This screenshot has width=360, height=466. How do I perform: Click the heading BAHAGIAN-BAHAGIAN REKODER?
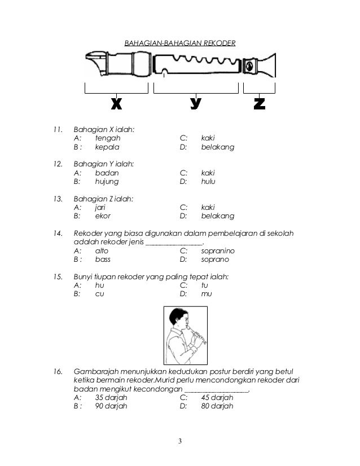[179, 43]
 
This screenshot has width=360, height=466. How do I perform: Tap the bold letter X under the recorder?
[116, 104]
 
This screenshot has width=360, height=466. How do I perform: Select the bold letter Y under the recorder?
[196, 104]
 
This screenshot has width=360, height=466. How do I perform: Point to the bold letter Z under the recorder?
[260, 104]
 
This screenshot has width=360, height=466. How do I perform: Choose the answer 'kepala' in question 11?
[107, 148]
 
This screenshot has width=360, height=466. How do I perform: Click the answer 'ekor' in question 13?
[103, 216]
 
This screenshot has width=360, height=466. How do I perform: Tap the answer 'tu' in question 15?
[205, 285]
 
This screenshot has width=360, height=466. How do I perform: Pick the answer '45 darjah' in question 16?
[217, 397]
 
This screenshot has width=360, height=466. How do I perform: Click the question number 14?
[57, 233]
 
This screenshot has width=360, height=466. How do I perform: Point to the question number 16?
[57, 371]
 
